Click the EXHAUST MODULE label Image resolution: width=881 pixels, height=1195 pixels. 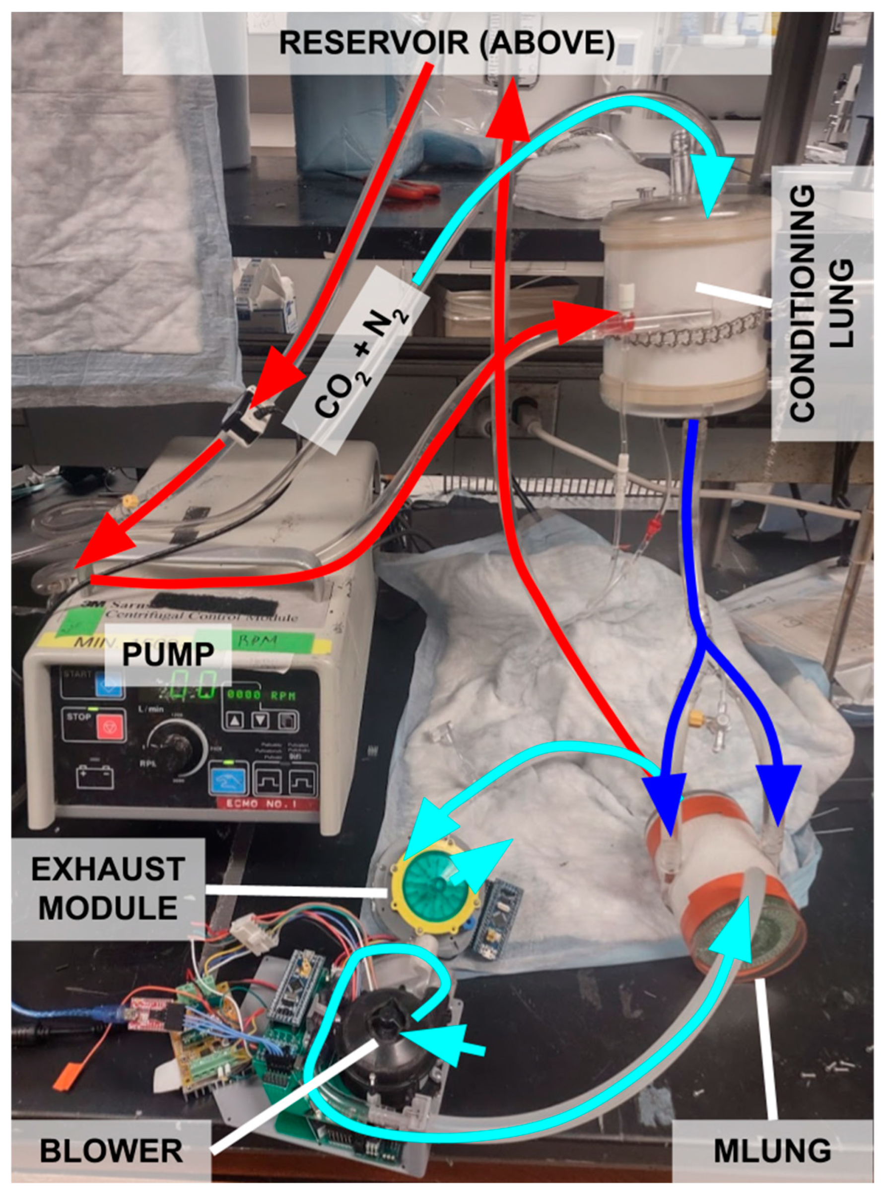point(108,888)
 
